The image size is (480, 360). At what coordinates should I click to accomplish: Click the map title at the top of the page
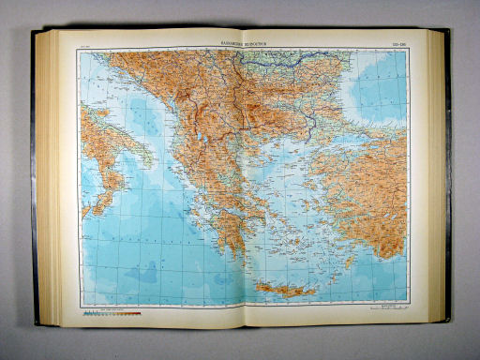pyautogui.click(x=242, y=42)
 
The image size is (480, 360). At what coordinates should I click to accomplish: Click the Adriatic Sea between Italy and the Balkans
pyautogui.click(x=131, y=103)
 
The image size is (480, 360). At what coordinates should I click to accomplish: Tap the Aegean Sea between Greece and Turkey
pyautogui.click(x=286, y=192)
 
